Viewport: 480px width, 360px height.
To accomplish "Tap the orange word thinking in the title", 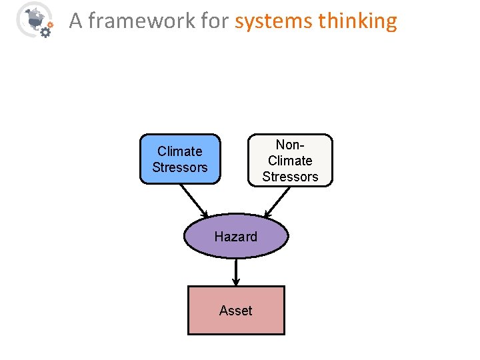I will click(357, 21).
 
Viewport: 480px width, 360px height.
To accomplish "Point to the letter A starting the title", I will click(75, 21).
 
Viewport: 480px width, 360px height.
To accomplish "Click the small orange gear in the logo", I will click(51, 24).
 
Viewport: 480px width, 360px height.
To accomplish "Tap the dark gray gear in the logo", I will click(45, 31).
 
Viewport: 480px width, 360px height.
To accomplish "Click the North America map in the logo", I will click(31, 16).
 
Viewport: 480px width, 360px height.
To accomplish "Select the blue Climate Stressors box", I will click(179, 159).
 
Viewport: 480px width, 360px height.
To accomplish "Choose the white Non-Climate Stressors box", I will click(290, 160).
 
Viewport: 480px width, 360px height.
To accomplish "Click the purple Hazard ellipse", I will click(236, 237).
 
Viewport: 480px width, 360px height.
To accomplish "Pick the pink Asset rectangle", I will click(236, 310).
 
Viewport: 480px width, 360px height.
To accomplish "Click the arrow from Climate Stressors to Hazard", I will click(194, 200).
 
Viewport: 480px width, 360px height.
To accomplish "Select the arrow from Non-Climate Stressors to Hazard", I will click(278, 202).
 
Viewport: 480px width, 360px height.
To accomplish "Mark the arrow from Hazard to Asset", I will click(236, 272).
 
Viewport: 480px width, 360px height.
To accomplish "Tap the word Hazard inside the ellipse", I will click(236, 237).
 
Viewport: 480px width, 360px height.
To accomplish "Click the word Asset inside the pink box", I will click(236, 311).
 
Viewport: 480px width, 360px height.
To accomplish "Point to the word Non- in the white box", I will click(290, 145).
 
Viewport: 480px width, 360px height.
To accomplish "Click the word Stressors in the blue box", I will click(179, 167).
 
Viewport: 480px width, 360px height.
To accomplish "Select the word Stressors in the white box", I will click(290, 177).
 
